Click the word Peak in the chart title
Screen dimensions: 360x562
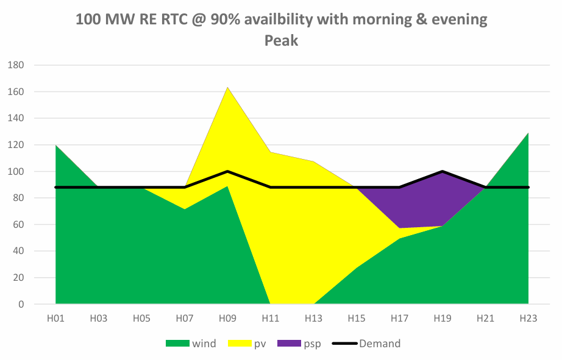point(281,41)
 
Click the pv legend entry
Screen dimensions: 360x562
point(249,344)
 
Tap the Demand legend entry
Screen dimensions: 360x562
point(366,344)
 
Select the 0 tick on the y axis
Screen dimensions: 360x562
point(21,305)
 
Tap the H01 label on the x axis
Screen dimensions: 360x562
point(55,318)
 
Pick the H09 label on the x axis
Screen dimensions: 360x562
point(227,318)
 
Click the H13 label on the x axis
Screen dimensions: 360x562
point(313,318)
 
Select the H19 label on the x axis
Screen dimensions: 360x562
point(443,318)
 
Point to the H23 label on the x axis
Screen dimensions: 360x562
point(528,318)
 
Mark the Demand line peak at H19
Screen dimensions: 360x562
point(443,171)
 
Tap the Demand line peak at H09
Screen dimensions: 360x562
point(227,171)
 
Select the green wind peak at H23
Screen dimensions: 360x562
point(527,135)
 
